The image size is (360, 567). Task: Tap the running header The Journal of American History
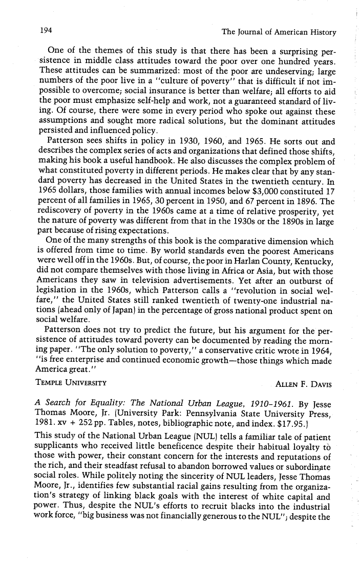pyautogui.click(x=279, y=32)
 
